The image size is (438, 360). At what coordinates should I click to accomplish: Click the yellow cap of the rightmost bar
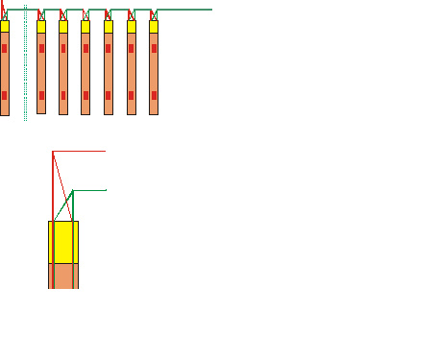(154, 27)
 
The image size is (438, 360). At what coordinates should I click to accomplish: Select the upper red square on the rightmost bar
(154, 48)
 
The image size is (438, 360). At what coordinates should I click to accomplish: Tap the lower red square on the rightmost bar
(154, 95)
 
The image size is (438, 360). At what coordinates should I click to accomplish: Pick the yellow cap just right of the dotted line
(41, 27)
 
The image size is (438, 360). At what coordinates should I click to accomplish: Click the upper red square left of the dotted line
(4, 48)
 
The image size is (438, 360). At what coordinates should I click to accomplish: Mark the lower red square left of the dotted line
(4, 95)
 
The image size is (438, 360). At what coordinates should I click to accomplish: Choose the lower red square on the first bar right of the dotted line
(41, 95)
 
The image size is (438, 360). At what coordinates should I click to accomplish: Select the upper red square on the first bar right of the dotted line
(41, 48)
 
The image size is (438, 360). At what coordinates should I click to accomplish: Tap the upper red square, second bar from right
(132, 48)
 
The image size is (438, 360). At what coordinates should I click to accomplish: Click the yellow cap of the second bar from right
(132, 27)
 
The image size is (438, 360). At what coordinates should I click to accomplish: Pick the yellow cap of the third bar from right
(109, 27)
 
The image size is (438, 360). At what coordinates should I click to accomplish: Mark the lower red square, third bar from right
(109, 95)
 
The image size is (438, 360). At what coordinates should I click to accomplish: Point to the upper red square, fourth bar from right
(85, 48)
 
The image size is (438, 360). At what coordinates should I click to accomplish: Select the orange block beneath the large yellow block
(63, 276)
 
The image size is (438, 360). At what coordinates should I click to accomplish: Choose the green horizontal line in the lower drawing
(90, 191)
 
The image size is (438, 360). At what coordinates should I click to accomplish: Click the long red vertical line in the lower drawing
(52, 192)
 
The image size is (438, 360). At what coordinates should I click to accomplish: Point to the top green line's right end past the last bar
(209, 10)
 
